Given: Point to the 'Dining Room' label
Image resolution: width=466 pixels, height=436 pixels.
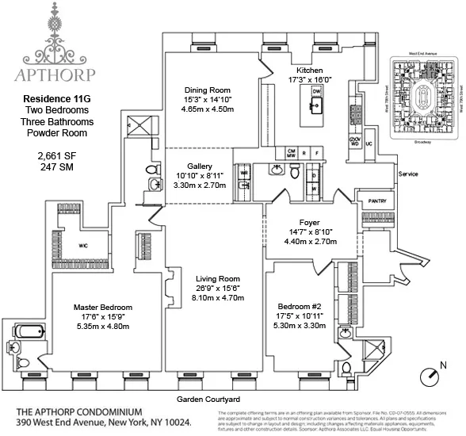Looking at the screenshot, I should tap(208, 90).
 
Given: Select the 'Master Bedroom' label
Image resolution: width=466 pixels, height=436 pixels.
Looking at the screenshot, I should tap(103, 307).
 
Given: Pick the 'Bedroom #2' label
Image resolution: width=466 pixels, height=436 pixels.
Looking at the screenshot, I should tap(299, 306).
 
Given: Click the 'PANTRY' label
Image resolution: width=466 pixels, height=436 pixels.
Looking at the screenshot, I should tap(376, 201).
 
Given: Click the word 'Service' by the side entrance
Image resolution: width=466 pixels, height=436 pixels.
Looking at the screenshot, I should tap(408, 173).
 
